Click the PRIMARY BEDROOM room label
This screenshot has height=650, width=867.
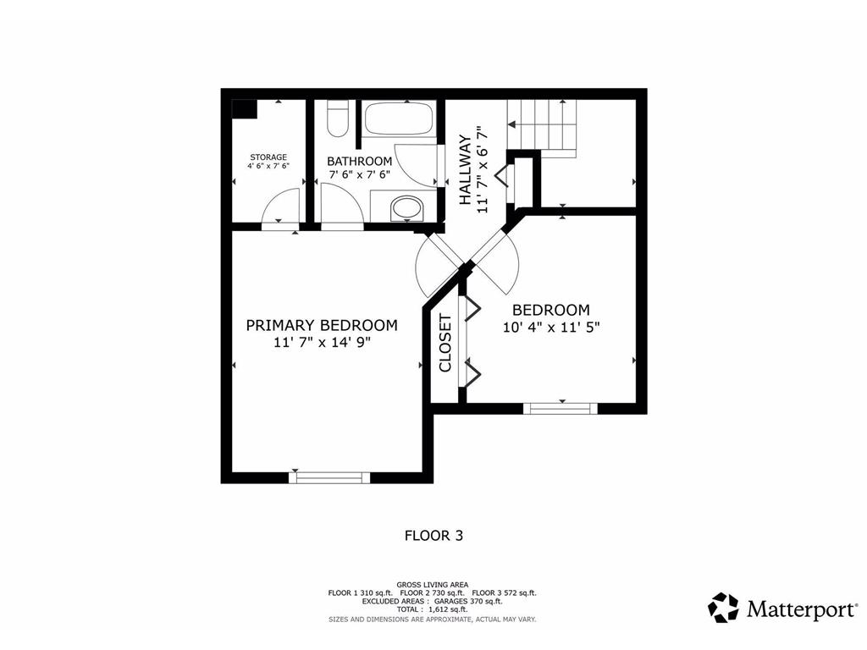coord(322,325)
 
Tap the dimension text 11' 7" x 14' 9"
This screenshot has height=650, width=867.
coord(322,343)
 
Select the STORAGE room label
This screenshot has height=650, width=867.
coord(268,157)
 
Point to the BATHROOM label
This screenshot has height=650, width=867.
coord(359,162)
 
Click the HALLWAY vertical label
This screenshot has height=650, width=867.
coord(466,169)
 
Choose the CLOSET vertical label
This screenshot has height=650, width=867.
coord(445,344)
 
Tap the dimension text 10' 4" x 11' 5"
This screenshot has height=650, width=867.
coord(551,328)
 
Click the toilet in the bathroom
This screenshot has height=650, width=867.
coord(337,118)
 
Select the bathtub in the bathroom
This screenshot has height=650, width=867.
coord(400,118)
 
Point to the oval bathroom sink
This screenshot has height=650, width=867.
coord(407,208)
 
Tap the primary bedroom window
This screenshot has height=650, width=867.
coord(329,477)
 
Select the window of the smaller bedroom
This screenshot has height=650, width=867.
coord(561,409)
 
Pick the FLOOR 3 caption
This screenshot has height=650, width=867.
coord(434,536)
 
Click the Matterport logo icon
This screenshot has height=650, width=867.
coord(723,608)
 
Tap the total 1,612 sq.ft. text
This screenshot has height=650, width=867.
coord(432,609)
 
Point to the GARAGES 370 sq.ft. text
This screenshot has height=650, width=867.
coord(468,602)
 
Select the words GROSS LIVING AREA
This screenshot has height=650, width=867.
coord(433,585)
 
